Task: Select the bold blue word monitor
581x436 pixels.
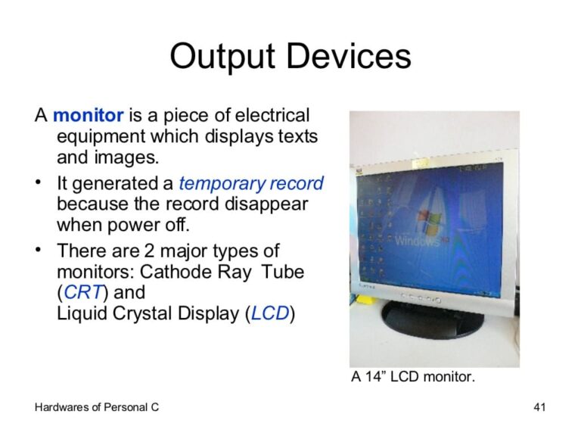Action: coord(89,116)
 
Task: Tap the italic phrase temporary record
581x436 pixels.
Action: coord(251,183)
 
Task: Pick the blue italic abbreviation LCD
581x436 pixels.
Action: coord(270,313)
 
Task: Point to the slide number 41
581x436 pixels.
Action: coord(539,408)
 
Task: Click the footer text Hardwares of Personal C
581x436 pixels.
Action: coord(97,408)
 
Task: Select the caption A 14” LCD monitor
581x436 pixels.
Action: coord(413,376)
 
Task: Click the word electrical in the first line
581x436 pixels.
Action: coord(272,116)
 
